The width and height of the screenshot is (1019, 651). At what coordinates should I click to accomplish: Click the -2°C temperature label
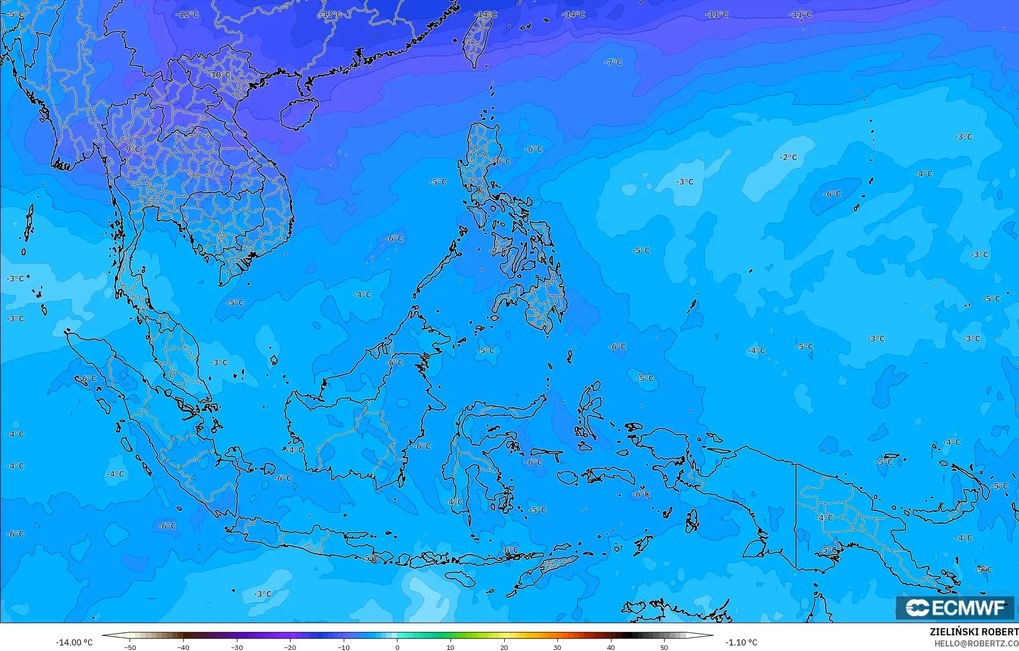pyautogui.click(x=788, y=157)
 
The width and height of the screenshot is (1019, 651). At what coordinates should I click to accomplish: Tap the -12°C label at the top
pyautogui.click(x=187, y=14)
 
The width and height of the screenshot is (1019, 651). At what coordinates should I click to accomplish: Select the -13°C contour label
pyautogui.click(x=331, y=14)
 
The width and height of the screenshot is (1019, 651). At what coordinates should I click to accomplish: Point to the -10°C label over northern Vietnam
pyautogui.click(x=219, y=75)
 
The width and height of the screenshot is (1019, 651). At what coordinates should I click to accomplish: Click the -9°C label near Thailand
pyautogui.click(x=131, y=149)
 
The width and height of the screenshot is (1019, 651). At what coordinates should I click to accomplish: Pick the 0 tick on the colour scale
pyautogui.click(x=397, y=647)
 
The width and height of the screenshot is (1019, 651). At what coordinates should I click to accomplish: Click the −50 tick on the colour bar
pyautogui.click(x=130, y=647)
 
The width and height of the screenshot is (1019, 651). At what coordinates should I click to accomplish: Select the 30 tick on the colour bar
pyautogui.click(x=557, y=647)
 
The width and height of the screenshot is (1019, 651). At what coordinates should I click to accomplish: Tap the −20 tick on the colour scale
pyautogui.click(x=290, y=647)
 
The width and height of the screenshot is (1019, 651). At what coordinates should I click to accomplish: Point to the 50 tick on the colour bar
pyautogui.click(x=664, y=647)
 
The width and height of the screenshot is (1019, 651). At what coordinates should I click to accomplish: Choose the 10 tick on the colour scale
pyautogui.click(x=451, y=647)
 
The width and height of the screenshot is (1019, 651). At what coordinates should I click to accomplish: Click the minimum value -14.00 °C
pyautogui.click(x=74, y=642)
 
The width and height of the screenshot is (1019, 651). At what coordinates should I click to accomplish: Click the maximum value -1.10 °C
pyautogui.click(x=741, y=642)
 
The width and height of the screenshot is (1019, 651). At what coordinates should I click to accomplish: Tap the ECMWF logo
pyautogui.click(x=955, y=607)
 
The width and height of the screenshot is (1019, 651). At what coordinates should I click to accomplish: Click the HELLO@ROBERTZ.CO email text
pyautogui.click(x=976, y=643)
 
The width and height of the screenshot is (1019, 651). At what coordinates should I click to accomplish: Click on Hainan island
pyautogui.click(x=299, y=113)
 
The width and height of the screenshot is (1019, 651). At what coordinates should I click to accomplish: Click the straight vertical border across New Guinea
pyautogui.click(x=796, y=516)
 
